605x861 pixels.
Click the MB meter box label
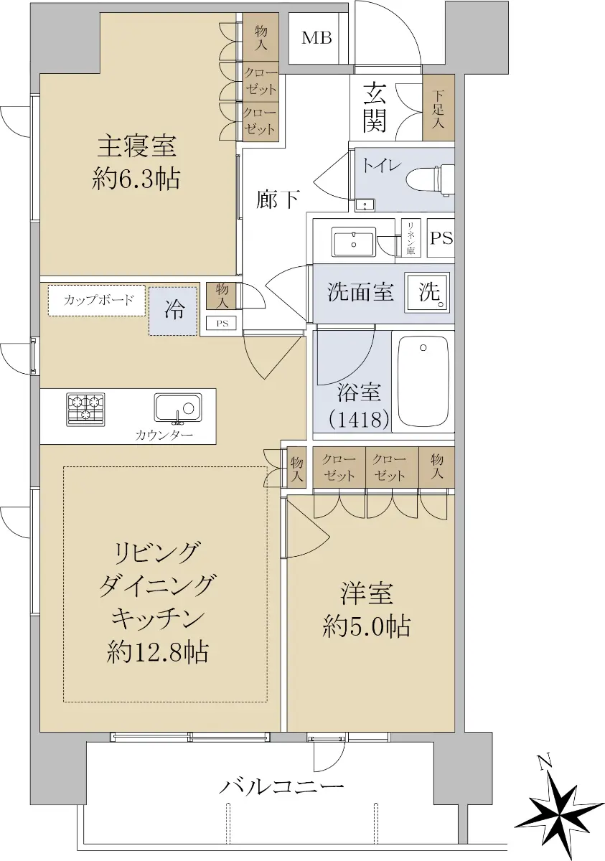coord(317,38)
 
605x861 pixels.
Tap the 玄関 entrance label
coord(375,108)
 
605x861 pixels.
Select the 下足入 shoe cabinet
coord(438,108)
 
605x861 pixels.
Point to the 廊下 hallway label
coord(278,199)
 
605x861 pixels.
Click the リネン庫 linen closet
coord(411,238)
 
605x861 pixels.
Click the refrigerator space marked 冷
coord(174,311)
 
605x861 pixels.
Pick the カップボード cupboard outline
coord(97,300)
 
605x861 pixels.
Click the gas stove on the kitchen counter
coord(85,410)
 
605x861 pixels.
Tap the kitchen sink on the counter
coord(179,408)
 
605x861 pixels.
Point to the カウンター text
coord(164,435)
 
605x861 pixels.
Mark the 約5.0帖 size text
coord(367,626)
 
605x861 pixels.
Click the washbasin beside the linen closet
coord(354,241)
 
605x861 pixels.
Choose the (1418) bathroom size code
coord(359,420)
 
